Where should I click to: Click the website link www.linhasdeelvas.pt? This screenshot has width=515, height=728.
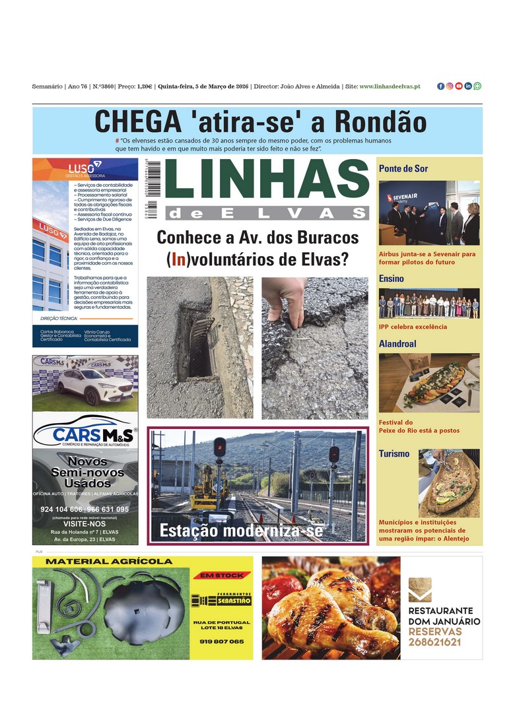click(x=390, y=86)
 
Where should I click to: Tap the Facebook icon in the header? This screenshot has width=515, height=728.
click(x=440, y=86)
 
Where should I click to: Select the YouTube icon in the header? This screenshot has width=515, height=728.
click(x=459, y=86)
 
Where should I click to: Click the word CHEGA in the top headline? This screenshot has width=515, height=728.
click(x=137, y=122)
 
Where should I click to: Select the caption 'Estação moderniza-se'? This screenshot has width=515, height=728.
click(x=241, y=531)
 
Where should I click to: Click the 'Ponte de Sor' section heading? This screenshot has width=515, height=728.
click(x=403, y=168)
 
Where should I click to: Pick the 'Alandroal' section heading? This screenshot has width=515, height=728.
click(x=397, y=344)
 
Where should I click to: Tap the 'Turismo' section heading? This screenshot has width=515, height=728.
click(x=394, y=453)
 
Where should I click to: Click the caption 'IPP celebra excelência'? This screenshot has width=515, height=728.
click(x=413, y=327)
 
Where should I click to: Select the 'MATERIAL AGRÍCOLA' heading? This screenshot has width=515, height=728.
click(x=109, y=562)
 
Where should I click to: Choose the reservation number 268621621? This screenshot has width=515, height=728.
click(x=434, y=642)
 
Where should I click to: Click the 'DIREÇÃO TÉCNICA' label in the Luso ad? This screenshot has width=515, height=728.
click(x=59, y=318)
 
